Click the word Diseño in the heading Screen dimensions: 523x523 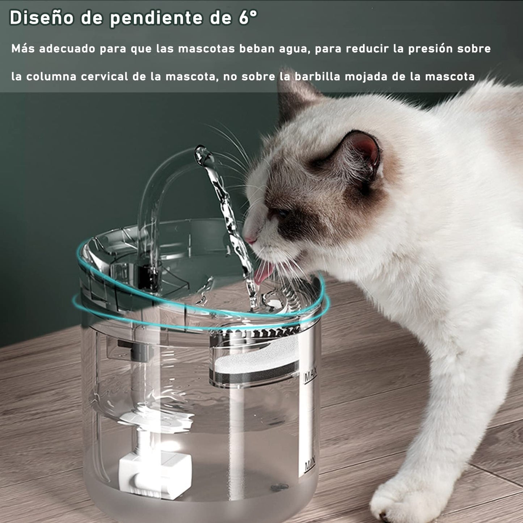[42, 18]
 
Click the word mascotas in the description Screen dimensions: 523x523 [206, 48]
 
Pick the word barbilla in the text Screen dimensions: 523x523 [317, 76]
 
